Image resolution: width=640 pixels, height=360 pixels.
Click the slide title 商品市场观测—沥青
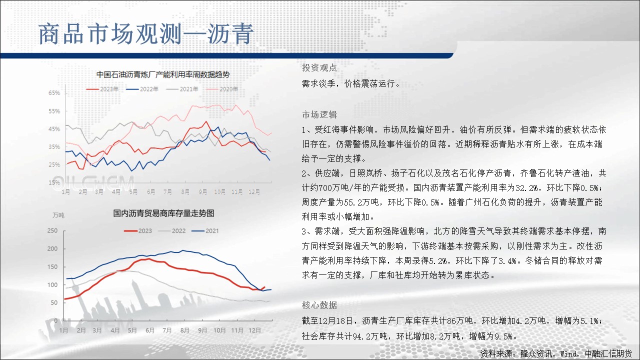(146, 34)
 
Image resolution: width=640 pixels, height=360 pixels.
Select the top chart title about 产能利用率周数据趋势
(163, 75)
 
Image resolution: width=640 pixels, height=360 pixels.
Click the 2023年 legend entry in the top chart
(102, 89)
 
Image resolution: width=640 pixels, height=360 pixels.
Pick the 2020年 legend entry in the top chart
(222, 89)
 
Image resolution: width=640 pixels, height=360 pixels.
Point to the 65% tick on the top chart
(54, 93)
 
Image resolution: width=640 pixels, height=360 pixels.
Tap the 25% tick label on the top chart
(54, 165)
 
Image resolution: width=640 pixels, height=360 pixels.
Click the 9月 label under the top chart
(203, 191)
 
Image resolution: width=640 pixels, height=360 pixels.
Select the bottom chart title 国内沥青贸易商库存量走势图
(163, 213)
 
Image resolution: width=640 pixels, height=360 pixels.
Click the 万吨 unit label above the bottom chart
(58, 215)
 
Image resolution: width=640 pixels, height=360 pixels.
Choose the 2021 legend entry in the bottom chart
(205, 231)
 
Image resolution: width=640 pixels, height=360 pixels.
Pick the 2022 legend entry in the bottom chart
(171, 231)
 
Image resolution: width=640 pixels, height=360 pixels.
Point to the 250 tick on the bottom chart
(52, 230)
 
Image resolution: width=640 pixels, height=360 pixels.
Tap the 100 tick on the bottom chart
(52, 285)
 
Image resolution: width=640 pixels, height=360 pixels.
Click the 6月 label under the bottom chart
(150, 330)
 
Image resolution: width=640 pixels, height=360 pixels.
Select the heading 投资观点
(319, 67)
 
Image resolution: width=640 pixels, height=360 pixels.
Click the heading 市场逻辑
(319, 114)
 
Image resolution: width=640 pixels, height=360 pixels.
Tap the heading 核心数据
(319, 305)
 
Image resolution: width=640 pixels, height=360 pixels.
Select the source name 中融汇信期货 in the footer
(608, 353)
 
